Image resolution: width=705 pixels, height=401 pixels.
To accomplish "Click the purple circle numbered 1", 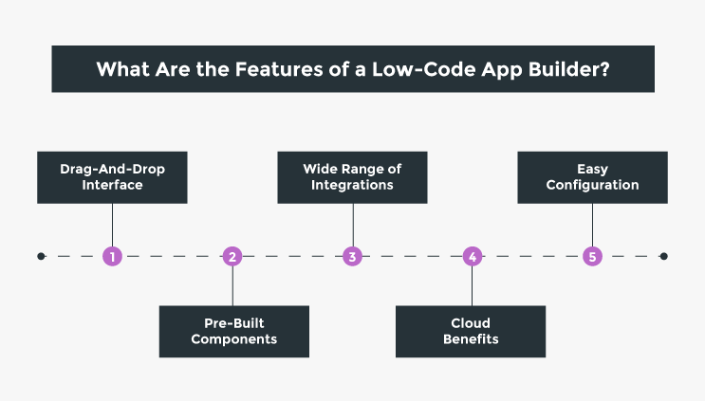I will point(113,256).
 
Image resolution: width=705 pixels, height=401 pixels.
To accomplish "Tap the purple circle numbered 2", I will point(232,256).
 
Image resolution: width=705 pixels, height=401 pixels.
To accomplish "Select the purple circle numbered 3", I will point(353,256).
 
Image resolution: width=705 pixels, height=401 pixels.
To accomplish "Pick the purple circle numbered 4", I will point(473,256).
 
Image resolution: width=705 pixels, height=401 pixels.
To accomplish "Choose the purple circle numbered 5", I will point(593,256).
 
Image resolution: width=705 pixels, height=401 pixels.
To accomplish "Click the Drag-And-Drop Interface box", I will point(112,177).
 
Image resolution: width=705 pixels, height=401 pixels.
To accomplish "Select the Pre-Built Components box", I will point(233,331).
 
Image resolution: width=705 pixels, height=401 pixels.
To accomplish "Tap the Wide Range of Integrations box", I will point(352,177).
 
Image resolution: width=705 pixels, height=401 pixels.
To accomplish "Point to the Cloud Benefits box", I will point(471,331).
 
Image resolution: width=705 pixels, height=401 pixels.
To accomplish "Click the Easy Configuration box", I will point(592,177).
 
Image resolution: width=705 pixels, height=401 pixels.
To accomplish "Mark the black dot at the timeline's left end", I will point(41,256).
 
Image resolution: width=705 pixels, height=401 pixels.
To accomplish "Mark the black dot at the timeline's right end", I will point(663,256).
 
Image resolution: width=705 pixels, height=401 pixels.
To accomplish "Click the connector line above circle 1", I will point(113,225).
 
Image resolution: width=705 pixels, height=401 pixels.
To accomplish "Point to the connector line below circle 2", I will point(232,285).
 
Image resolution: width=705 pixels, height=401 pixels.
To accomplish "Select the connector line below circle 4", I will point(473,285).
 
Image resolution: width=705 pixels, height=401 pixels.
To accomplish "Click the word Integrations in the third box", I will point(352,185).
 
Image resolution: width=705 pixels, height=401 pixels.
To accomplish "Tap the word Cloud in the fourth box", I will point(471,323).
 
